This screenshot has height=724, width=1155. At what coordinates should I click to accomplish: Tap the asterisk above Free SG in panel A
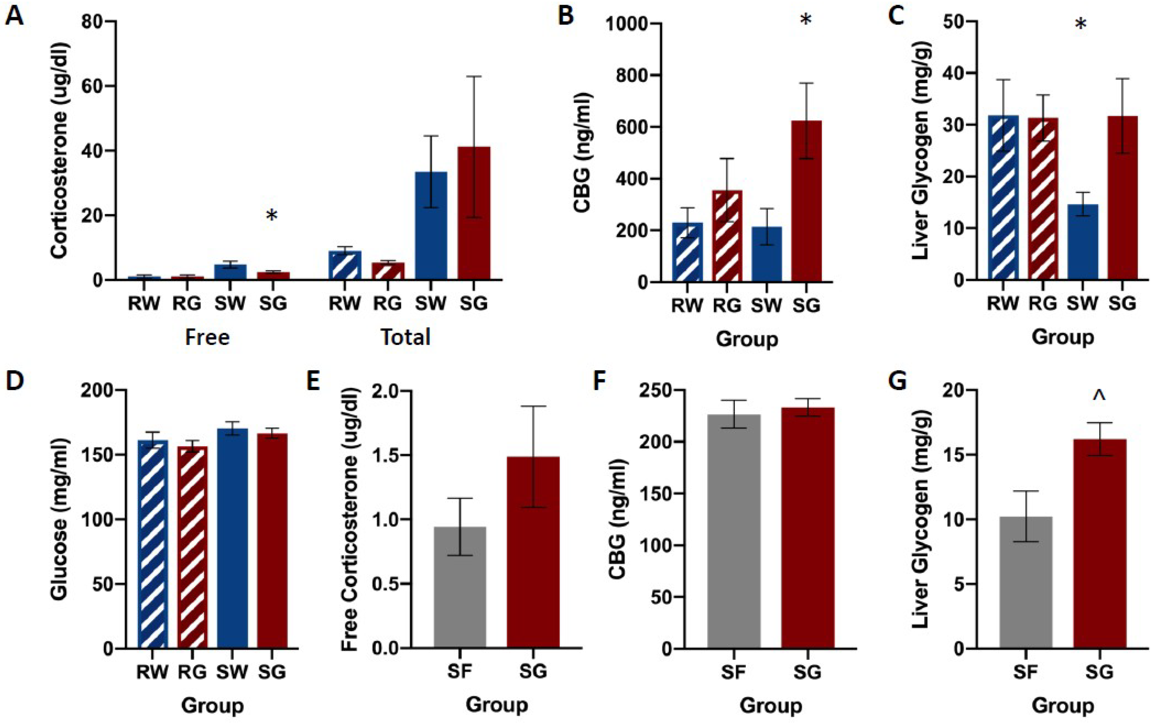pyautogui.click(x=272, y=216)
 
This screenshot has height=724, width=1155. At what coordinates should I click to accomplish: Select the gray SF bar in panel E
pyautogui.click(x=459, y=588)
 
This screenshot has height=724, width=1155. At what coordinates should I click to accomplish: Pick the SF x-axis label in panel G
pyautogui.click(x=1025, y=672)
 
